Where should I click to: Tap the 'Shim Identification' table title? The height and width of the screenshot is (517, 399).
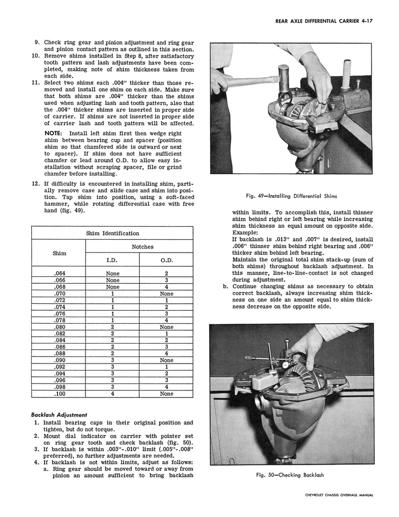point(113,233)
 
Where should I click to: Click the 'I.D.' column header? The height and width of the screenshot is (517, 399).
point(112,260)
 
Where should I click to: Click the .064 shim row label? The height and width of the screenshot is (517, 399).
point(59,274)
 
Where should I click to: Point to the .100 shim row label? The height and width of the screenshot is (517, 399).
point(59,394)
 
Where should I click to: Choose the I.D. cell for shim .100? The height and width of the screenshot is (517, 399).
point(112,394)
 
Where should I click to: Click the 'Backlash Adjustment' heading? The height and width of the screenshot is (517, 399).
point(59,415)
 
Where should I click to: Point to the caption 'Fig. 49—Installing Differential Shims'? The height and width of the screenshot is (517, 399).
point(291,196)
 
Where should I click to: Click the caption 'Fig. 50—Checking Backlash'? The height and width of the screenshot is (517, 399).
point(291,475)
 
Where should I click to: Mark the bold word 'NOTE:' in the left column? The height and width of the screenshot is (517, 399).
point(54,133)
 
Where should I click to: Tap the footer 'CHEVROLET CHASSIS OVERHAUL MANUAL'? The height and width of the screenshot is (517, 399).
point(339,495)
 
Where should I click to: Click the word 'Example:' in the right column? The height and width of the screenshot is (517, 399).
point(246,232)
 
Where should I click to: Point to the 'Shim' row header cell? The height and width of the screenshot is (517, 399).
point(59,253)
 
